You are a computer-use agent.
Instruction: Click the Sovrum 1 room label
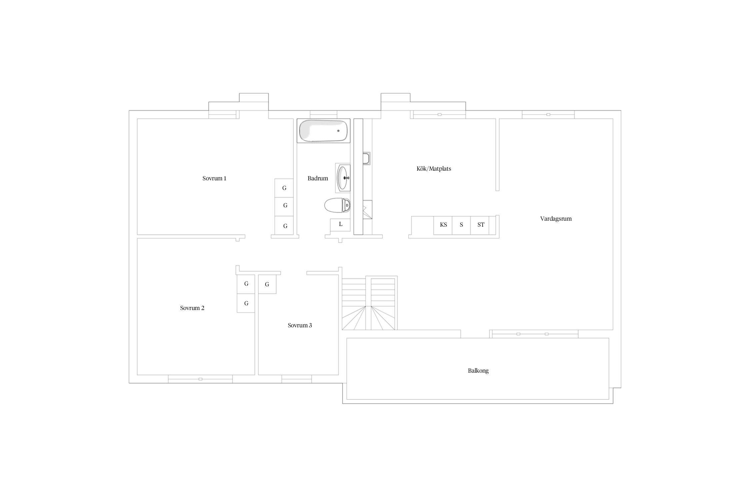click(x=214, y=178)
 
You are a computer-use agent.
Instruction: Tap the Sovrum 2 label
click(x=192, y=308)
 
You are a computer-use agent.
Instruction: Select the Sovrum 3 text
click(x=300, y=325)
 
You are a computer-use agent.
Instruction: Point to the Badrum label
click(x=318, y=178)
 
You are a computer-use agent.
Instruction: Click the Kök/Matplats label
click(x=434, y=169)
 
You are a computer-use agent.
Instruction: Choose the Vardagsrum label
click(x=556, y=219)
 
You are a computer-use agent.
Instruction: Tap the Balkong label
click(x=478, y=371)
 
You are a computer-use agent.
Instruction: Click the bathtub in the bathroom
click(x=323, y=131)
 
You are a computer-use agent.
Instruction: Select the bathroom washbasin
click(x=344, y=178)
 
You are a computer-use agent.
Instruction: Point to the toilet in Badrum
click(x=337, y=205)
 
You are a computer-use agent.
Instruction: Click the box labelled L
click(x=340, y=225)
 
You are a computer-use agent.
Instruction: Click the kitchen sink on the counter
click(x=366, y=158)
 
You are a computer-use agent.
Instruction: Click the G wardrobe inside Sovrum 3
click(x=267, y=284)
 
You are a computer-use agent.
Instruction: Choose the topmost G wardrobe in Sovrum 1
click(x=284, y=188)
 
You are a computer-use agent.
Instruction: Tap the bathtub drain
click(x=338, y=131)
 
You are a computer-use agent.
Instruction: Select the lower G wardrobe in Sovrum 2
click(x=246, y=303)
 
